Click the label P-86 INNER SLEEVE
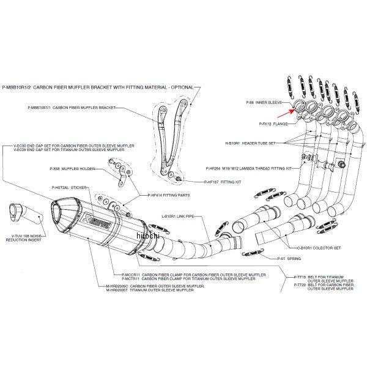click(x=262, y=103)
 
